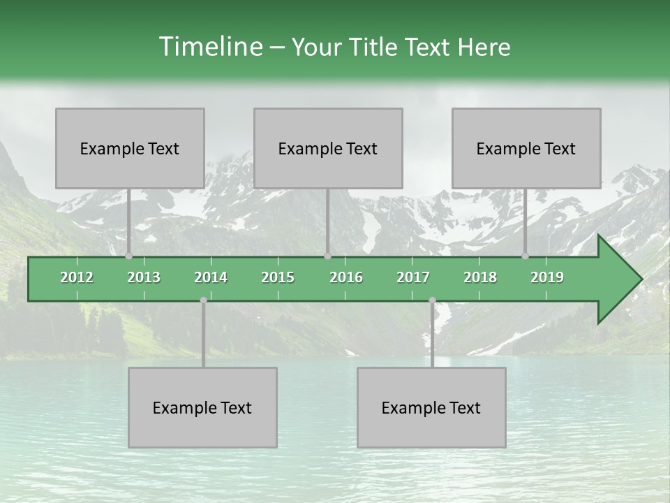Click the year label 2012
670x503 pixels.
tap(77, 277)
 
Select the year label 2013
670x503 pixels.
tap(144, 277)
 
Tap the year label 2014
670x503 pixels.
tap(211, 277)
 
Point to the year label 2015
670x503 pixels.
tap(278, 277)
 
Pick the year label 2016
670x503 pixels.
tap(346, 277)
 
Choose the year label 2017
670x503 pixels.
tap(413, 277)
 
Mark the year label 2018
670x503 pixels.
tap(480, 277)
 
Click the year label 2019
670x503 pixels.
tap(547, 277)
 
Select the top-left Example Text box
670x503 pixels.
tap(130, 148)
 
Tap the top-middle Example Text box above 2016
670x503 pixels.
tap(328, 148)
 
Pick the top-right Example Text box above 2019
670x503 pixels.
tap(526, 148)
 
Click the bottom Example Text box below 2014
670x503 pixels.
tap(202, 407)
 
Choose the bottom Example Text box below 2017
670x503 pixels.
tap(431, 407)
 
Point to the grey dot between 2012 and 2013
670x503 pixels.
tap(128, 256)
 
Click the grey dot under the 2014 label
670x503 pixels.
tap(203, 300)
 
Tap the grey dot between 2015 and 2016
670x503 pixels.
tap(327, 256)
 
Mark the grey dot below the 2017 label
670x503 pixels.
tap(432, 300)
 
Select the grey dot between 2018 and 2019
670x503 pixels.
tap(525, 256)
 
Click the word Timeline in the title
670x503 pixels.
tap(210, 47)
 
